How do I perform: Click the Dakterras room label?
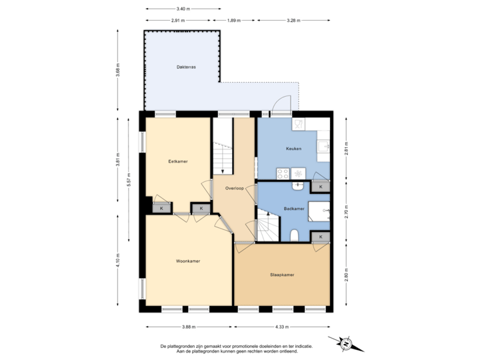(x=186, y=67)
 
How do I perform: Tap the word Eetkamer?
(x=177, y=162)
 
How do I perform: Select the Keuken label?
(x=295, y=149)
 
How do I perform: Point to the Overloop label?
(x=234, y=188)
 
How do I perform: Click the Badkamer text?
(x=293, y=209)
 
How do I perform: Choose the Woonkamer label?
(x=189, y=261)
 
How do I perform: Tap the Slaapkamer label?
(x=283, y=274)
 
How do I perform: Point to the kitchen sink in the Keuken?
(x=324, y=146)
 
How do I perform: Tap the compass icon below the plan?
(x=346, y=344)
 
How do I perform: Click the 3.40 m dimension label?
(x=183, y=9)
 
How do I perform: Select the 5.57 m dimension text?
(x=128, y=180)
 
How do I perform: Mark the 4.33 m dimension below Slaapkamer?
(x=283, y=327)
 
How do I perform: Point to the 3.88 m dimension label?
(x=189, y=327)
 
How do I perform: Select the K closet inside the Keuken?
(x=321, y=187)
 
